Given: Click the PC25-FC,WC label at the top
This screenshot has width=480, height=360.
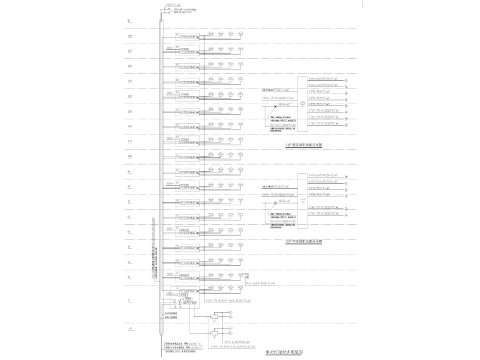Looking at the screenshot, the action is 173,5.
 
